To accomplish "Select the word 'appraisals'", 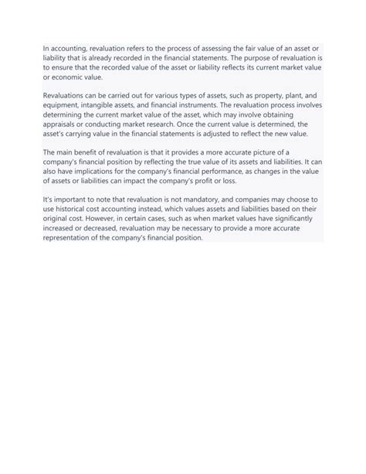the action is [x=63, y=124].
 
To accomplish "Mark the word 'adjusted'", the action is [x=233, y=133].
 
